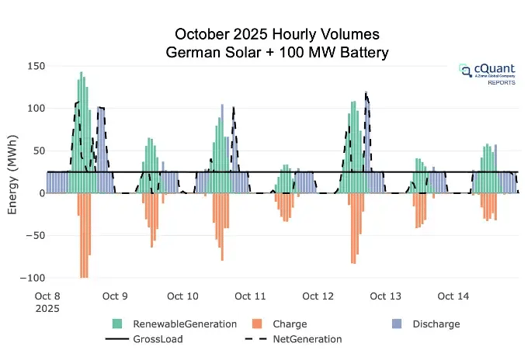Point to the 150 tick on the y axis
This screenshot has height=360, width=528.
(35, 65)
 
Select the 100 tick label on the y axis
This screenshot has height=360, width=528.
(35, 108)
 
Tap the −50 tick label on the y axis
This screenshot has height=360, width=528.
(34, 235)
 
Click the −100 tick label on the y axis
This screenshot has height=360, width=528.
(32, 278)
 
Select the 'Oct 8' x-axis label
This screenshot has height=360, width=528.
(47, 296)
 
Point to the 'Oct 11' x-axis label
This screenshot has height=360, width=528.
(250, 296)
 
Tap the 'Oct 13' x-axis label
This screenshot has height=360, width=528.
(385, 296)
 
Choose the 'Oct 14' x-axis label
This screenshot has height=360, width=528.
(453, 296)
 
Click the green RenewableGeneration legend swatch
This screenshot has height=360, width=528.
(117, 324)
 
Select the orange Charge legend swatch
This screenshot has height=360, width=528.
(258, 324)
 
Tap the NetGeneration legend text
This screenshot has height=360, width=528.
(307, 339)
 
